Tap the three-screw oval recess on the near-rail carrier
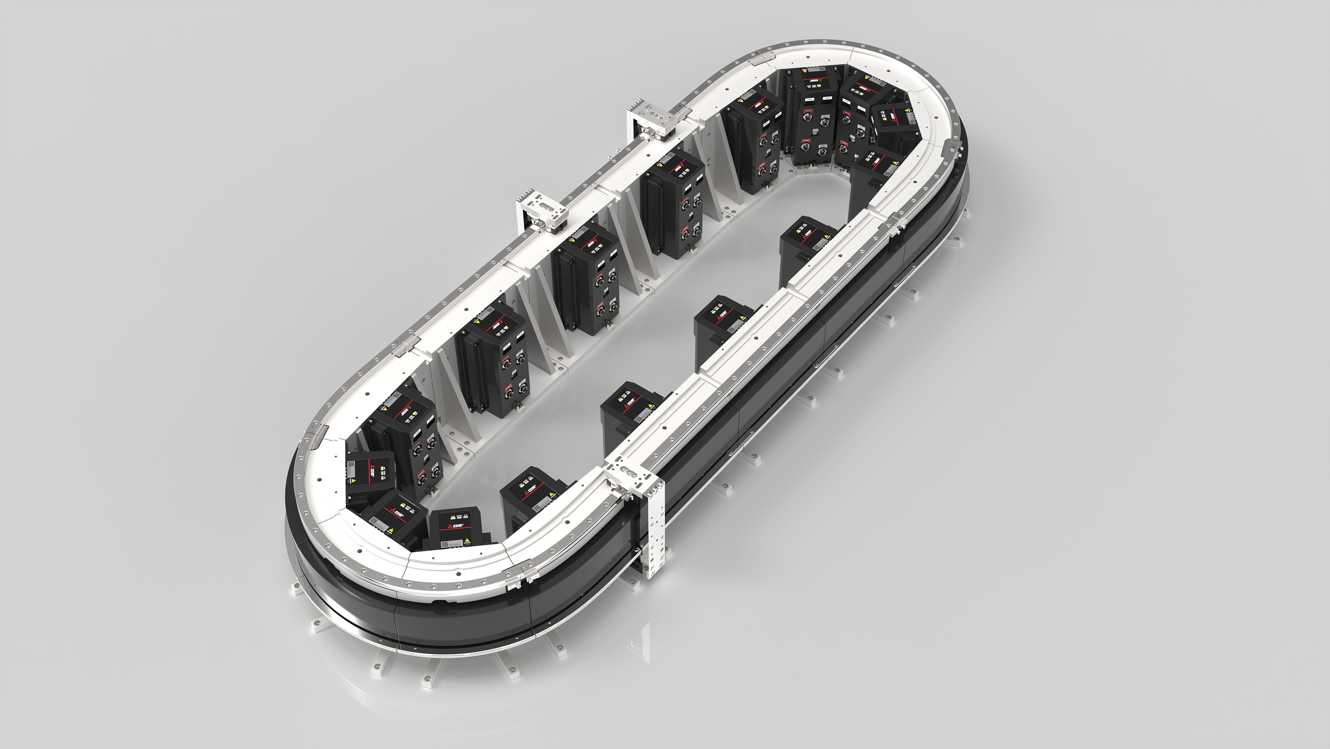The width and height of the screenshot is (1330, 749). pos(626,471)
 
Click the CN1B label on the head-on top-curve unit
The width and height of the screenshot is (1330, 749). pos(810,100)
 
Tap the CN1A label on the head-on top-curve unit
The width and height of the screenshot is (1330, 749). pos(828,98)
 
